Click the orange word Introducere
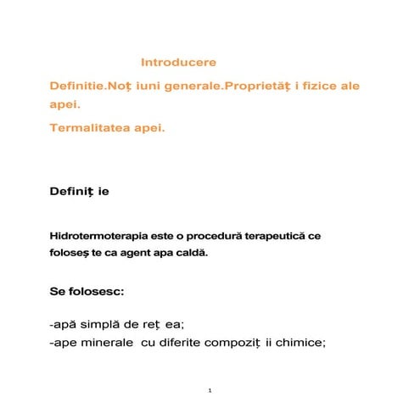178,63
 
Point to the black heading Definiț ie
79,192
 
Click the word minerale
105,343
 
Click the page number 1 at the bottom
210,390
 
